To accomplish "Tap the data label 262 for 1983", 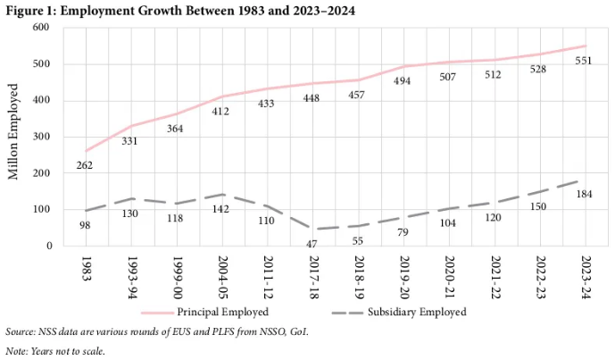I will coord(84,165).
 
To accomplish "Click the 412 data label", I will coord(221,111).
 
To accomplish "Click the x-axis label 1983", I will coord(86,268).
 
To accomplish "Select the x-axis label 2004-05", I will coord(222,277).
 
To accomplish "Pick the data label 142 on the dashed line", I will coord(221,210).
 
